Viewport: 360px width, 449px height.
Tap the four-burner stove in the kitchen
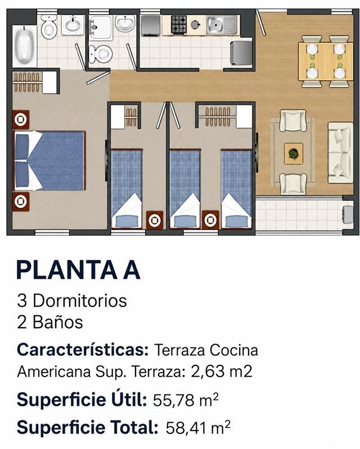178,24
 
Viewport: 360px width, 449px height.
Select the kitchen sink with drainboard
222,25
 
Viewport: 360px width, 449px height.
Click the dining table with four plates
326,61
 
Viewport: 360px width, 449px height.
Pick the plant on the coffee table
294,154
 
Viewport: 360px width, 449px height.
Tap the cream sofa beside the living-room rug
340,153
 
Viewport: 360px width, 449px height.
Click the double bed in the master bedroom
49,161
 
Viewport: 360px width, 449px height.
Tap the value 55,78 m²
186,400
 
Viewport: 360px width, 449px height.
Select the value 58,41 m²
198,427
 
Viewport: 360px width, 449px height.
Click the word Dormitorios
80,301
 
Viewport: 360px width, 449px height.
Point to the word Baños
58,322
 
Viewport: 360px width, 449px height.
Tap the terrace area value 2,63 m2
221,372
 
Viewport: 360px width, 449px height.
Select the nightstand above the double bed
21,119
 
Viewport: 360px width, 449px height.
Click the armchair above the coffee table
293,121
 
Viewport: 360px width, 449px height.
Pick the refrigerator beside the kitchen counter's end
241,53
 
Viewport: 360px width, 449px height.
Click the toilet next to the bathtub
49,27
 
